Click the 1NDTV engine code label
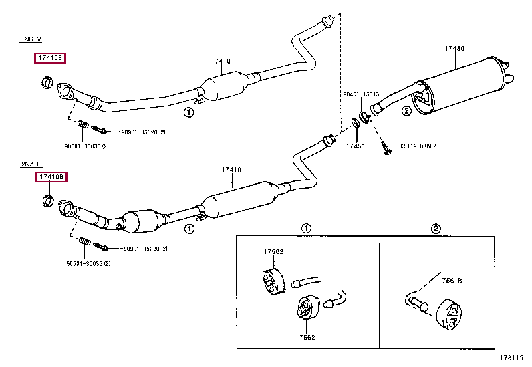[30, 40]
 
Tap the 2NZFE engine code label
[30, 162]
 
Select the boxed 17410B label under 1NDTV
[50, 59]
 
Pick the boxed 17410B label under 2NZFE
[51, 177]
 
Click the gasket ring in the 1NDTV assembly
[47, 83]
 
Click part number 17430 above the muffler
[454, 49]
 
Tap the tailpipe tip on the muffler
[510, 79]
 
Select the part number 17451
[355, 146]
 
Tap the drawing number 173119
[510, 359]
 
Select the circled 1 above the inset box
[306, 229]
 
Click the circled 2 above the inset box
[436, 229]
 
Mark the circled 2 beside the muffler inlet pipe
[406, 111]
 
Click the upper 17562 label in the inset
[273, 252]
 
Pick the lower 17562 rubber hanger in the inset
[304, 310]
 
